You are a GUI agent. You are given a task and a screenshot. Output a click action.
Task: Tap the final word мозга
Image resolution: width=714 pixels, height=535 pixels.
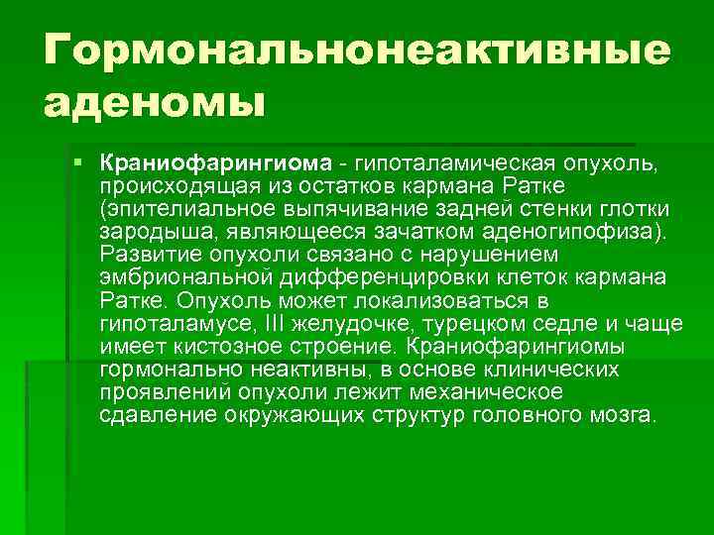pyautogui.click(x=624, y=414)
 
